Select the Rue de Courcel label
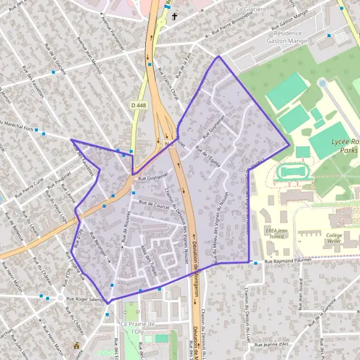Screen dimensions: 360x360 click(154, 203)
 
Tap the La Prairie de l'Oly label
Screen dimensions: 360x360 click(138, 328)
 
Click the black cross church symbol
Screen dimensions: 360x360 click(175, 17)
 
